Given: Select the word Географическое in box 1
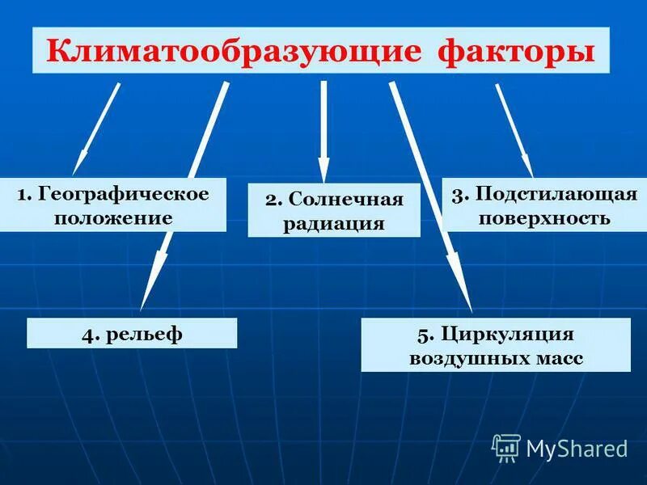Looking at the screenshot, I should (124, 194).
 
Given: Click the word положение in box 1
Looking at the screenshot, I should (113, 217).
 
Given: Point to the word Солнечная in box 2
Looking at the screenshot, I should (345, 199).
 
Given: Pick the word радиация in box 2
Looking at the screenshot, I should (333, 223).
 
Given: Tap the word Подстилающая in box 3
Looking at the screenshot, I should (556, 195).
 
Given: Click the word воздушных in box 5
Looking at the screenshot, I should (459, 358).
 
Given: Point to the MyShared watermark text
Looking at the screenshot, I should (577, 448).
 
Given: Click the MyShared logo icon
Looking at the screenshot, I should (506, 447).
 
